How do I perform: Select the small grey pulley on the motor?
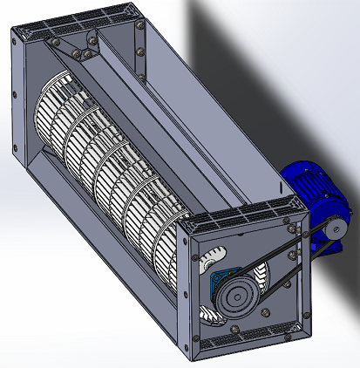tap(335, 230)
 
